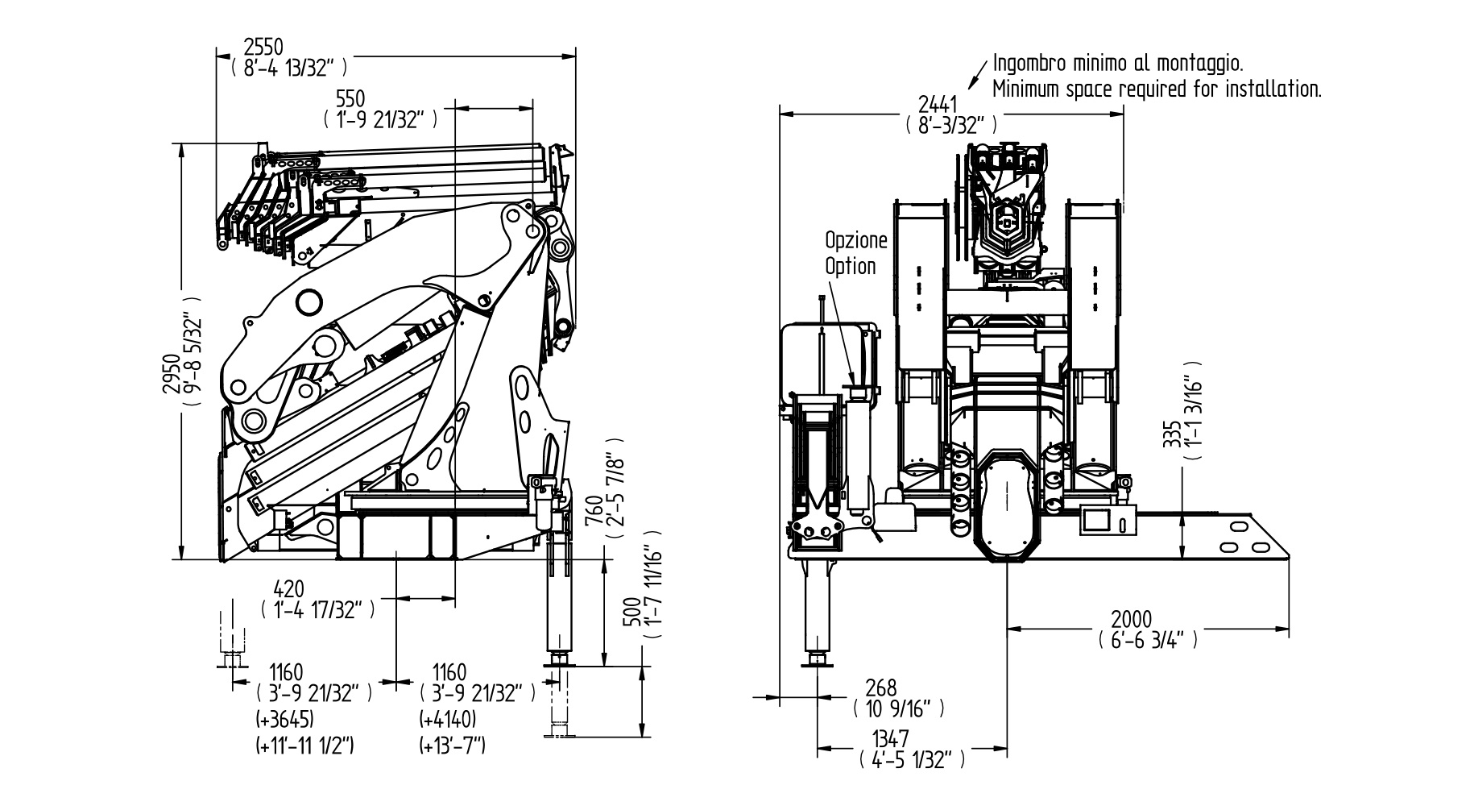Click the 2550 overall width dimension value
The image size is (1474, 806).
pyautogui.click(x=264, y=48)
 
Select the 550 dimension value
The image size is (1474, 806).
pyautogui.click(x=350, y=99)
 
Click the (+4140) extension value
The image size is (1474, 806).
pyautogui.click(x=449, y=718)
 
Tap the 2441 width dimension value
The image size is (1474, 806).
pyautogui.click(x=938, y=105)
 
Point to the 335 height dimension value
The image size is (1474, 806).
pyautogui.click(x=1172, y=434)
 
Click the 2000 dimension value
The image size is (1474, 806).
pyautogui.click(x=1131, y=620)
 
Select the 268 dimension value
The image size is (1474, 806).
pyautogui.click(x=880, y=688)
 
